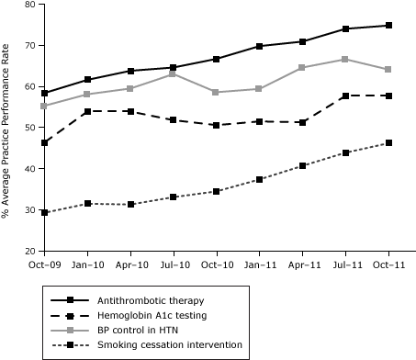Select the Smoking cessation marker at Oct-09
pyautogui.click(x=45, y=212)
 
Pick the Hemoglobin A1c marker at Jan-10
pyautogui.click(x=88, y=111)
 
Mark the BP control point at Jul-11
pyautogui.click(x=346, y=59)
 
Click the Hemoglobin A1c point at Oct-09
pyautogui.click(x=45, y=142)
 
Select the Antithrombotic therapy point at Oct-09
pyautogui.click(x=45, y=93)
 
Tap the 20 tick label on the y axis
pyautogui.click(x=29, y=251)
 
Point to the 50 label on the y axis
pyautogui.click(x=29, y=128)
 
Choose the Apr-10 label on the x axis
pyautogui.click(x=130, y=264)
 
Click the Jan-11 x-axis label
pyautogui.click(x=260, y=264)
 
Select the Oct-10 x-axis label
pyautogui.click(x=217, y=264)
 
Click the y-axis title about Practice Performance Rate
pyautogui.click(x=7, y=128)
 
